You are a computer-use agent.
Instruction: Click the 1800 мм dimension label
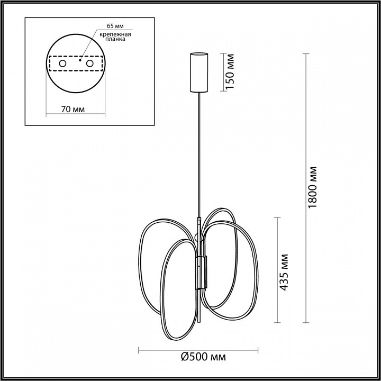coord(314,188)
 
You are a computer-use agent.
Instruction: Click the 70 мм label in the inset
coord(72,109)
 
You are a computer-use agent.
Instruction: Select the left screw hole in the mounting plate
coord(62,63)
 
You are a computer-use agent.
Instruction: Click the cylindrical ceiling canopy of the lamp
coord(199,71)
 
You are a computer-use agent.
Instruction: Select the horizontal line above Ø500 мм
coord(199,349)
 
